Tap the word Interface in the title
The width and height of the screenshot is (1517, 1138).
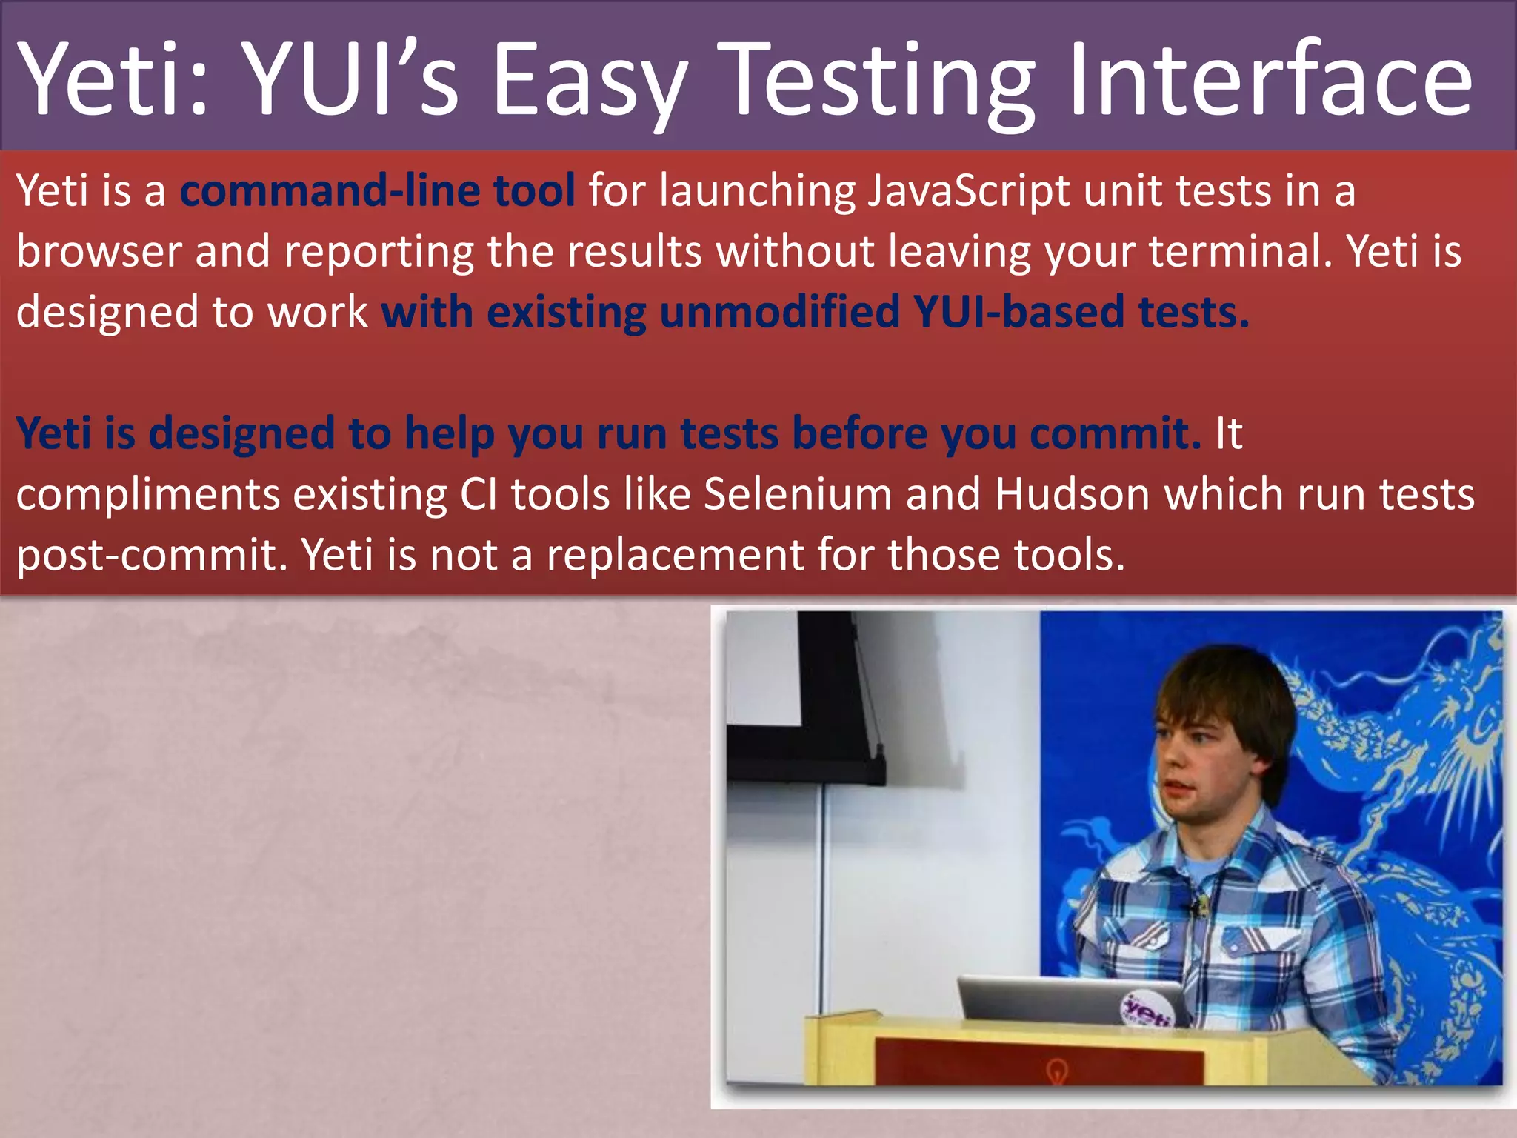point(1270,80)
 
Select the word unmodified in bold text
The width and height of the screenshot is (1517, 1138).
point(779,312)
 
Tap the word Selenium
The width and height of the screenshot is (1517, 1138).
point(798,494)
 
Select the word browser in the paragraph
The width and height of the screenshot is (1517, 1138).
point(99,252)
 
